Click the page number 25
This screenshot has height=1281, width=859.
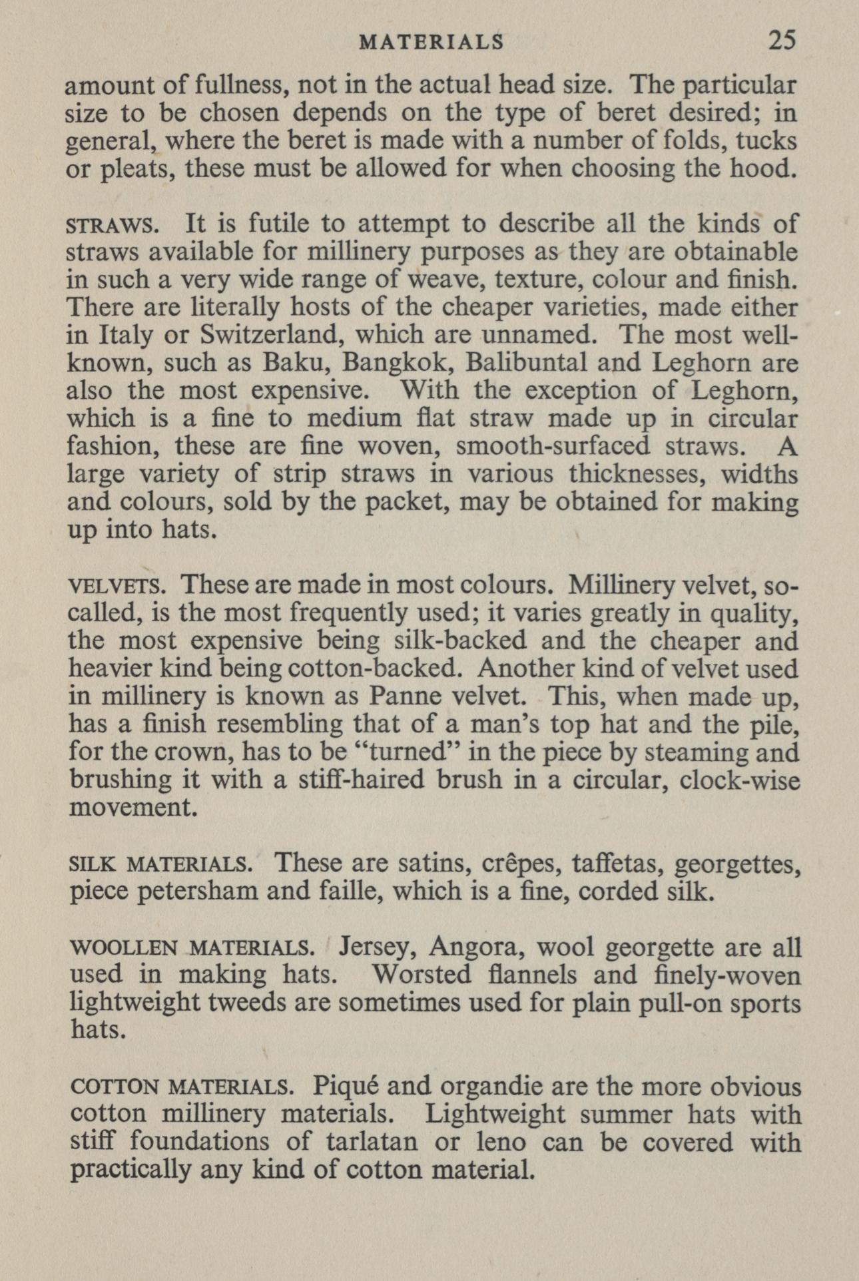pyautogui.click(x=782, y=41)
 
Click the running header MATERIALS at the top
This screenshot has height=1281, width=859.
pyautogui.click(x=431, y=43)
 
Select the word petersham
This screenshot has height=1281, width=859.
pyautogui.click(x=203, y=892)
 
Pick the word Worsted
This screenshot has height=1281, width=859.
pyautogui.click(x=422, y=975)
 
